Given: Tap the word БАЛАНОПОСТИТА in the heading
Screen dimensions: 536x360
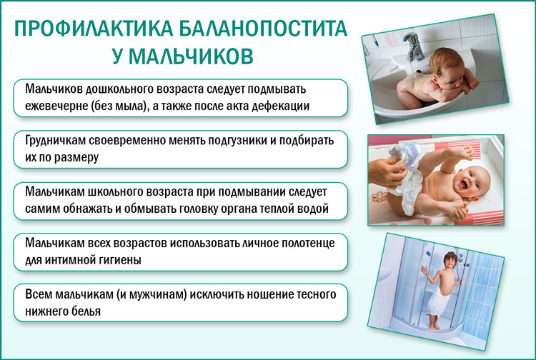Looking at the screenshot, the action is coord(263,29).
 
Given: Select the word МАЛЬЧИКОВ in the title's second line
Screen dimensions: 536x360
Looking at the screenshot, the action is coord(191,56).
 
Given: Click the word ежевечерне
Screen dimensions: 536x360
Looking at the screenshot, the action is coord(56,106).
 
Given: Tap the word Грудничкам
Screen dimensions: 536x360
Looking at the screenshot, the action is coord(55,141).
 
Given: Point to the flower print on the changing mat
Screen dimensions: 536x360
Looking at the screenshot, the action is coord(379,197).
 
